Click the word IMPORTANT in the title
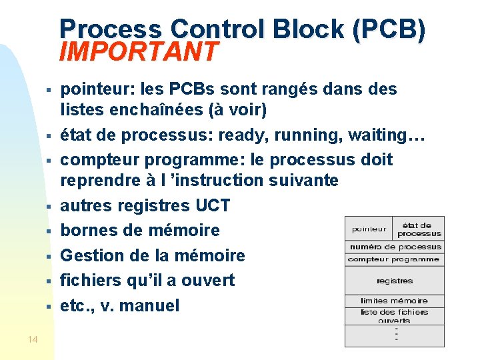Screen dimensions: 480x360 pos(138,51)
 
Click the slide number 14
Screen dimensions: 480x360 pos(33,341)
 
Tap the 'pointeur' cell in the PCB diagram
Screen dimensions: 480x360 pos(369,229)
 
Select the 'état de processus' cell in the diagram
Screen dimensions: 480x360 pos(419,229)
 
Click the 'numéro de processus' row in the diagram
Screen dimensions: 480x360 pos(394,247)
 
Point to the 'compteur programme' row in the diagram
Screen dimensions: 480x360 pos(394,259)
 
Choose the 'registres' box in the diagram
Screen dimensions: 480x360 pos(394,281)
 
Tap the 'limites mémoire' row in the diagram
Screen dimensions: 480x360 pos(394,301)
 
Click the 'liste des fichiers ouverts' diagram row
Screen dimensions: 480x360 pos(394,315)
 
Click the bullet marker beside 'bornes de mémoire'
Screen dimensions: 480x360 pos(49,231)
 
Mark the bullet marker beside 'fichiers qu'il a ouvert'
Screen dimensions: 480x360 pos(49,281)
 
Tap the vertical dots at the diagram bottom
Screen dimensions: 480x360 pos(396,333)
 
